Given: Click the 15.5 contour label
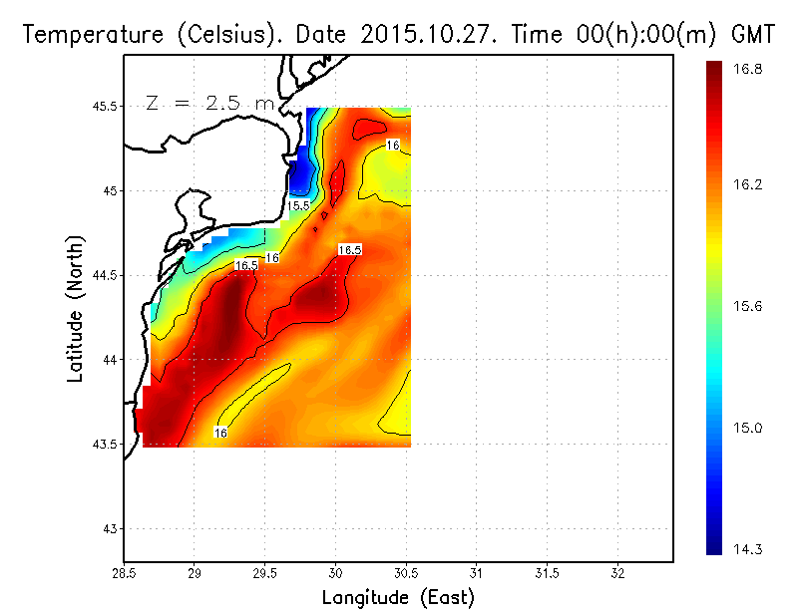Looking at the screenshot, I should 298,205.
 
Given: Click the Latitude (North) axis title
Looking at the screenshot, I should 76,309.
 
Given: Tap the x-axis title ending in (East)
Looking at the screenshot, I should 398,598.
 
